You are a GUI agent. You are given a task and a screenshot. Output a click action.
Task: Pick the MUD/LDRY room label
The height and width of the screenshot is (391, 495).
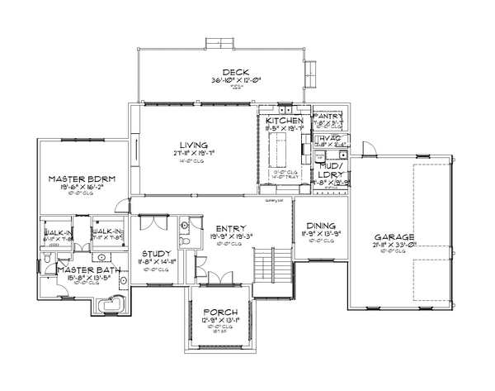pos(330,169)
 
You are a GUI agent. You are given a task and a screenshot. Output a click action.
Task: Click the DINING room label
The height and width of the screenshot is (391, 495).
pos(320,226)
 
